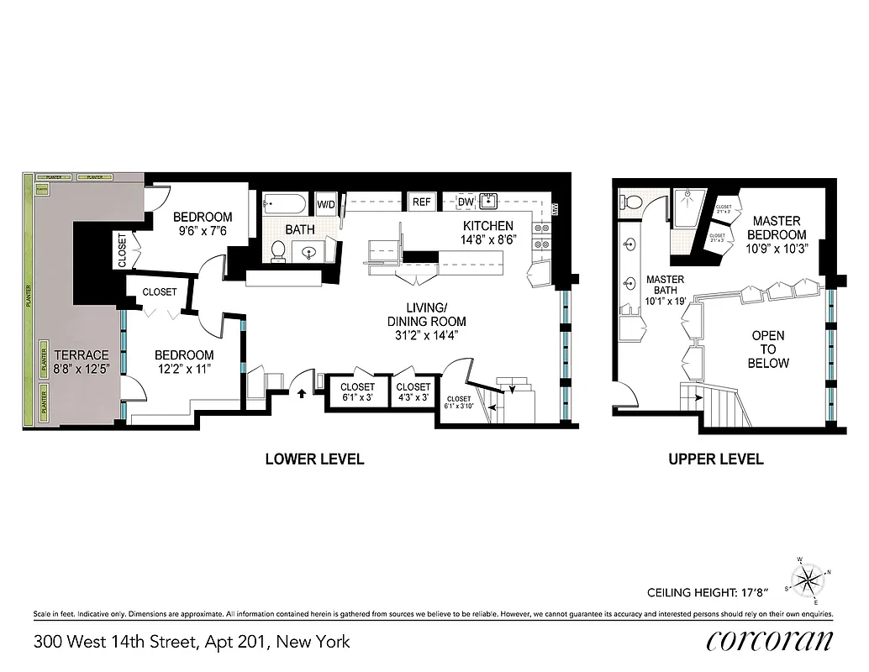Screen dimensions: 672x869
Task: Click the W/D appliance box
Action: click(325, 203)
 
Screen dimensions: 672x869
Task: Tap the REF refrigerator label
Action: click(422, 202)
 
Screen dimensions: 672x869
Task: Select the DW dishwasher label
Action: click(466, 202)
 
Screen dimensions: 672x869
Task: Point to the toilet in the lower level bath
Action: click(278, 249)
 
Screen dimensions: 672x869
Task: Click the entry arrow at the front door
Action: click(300, 390)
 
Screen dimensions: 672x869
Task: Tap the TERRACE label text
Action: click(82, 355)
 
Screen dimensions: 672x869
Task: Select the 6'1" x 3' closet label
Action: click(358, 392)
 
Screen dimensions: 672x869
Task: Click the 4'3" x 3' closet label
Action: click(413, 392)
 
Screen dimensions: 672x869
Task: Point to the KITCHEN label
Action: click(488, 226)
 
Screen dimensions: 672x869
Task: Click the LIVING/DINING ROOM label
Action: click(426, 321)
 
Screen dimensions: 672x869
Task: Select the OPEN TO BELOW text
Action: click(768, 349)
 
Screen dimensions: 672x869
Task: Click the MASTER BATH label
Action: click(664, 290)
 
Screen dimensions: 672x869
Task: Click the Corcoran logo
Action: click(770, 641)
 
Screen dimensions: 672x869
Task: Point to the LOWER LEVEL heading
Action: click(314, 459)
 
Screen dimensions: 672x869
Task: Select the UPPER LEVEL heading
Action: click(715, 459)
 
